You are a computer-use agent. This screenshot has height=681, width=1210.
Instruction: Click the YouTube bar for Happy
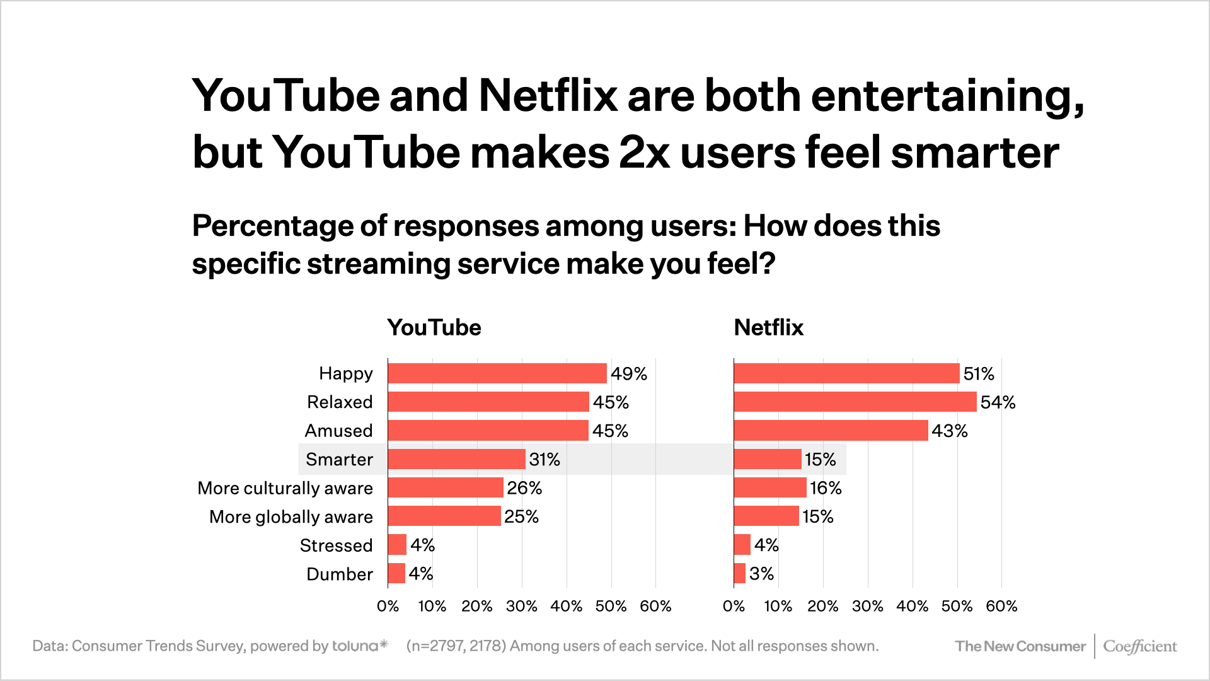(x=497, y=373)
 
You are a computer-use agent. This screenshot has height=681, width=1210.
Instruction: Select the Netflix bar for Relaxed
(x=855, y=402)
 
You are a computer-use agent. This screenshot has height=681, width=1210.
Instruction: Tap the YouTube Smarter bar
(x=456, y=459)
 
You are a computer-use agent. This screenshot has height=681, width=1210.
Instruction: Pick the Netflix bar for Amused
(x=831, y=431)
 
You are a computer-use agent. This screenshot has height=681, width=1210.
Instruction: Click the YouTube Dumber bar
(x=396, y=574)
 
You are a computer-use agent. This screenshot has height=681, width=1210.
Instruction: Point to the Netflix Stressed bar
(x=742, y=545)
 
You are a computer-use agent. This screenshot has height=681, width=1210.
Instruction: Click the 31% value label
(x=544, y=459)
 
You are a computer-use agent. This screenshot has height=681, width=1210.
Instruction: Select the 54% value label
(x=998, y=402)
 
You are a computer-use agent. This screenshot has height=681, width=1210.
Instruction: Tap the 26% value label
(x=524, y=488)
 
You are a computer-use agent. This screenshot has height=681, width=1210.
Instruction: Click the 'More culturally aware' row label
(x=285, y=488)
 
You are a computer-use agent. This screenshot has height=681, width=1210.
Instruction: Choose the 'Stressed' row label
(x=336, y=545)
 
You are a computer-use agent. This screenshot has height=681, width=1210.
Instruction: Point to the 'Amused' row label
(x=338, y=431)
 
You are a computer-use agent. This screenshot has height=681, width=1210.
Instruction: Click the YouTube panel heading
(x=434, y=327)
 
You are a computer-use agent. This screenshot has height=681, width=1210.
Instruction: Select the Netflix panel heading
(x=768, y=327)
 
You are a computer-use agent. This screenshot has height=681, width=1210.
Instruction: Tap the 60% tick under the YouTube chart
(x=655, y=607)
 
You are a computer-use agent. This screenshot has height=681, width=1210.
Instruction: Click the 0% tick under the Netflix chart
(x=734, y=607)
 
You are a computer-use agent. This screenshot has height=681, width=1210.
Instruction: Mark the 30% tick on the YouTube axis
(x=521, y=607)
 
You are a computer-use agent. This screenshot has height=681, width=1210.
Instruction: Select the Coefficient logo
(x=1139, y=646)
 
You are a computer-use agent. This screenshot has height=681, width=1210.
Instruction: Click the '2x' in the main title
(x=644, y=153)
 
